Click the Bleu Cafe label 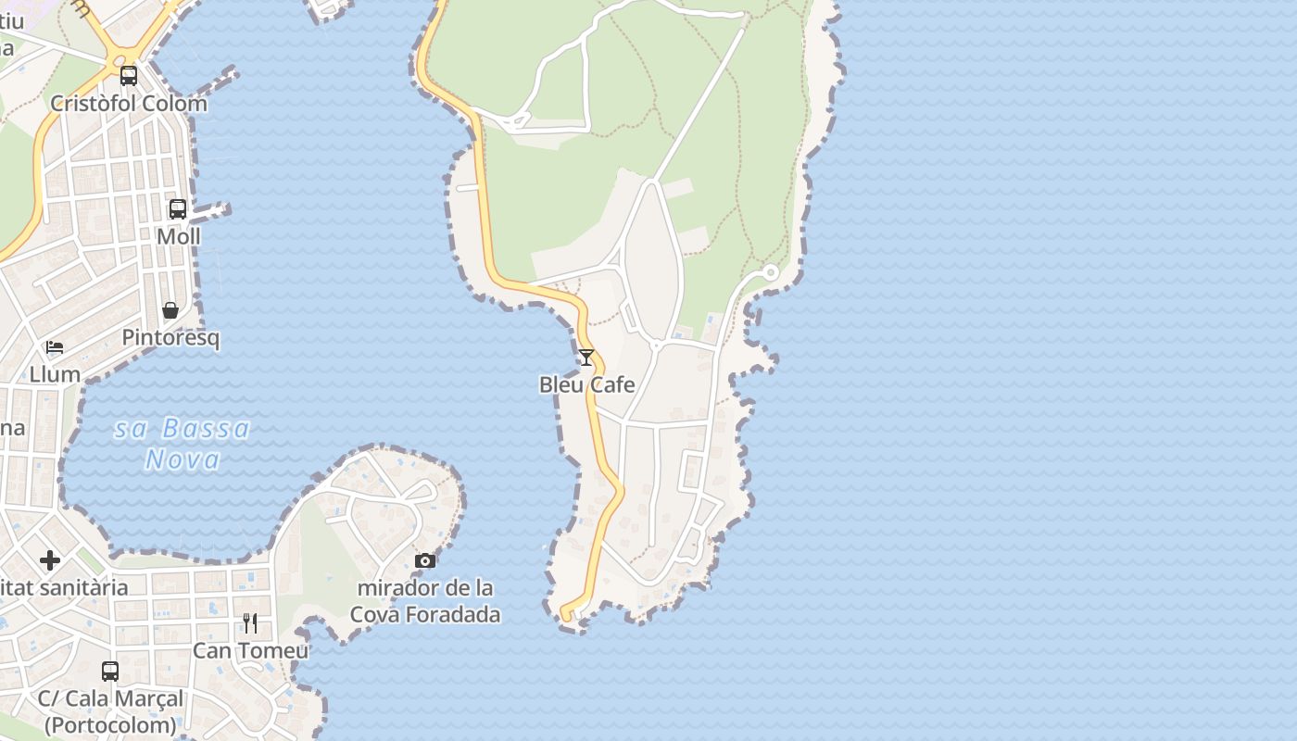587,384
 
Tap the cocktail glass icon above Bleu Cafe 586,357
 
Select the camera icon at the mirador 425,560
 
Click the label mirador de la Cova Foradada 425,601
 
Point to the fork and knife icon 250,622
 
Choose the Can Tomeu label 250,650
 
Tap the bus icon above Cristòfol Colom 129,76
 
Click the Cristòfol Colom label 129,103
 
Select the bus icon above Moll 178,209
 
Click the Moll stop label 178,236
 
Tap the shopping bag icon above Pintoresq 170,310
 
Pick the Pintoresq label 170,337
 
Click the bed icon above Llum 55,348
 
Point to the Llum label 55,374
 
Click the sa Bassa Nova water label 183,444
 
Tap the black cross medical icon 50,560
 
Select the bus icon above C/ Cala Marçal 110,672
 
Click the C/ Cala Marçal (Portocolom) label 110,710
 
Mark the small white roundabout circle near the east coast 770,272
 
